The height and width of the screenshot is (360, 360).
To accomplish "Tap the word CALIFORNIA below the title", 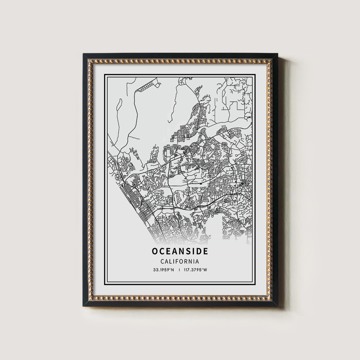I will pyautogui.click(x=180, y=261).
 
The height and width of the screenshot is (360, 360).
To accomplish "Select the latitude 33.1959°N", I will pyautogui.click(x=163, y=270).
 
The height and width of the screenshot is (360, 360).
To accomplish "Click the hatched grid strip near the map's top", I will pyautogui.click(x=148, y=86).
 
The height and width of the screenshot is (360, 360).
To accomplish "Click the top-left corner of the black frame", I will pyautogui.click(x=84, y=54).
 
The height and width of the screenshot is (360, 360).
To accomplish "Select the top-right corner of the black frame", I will pyautogui.click(x=278, y=54).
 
